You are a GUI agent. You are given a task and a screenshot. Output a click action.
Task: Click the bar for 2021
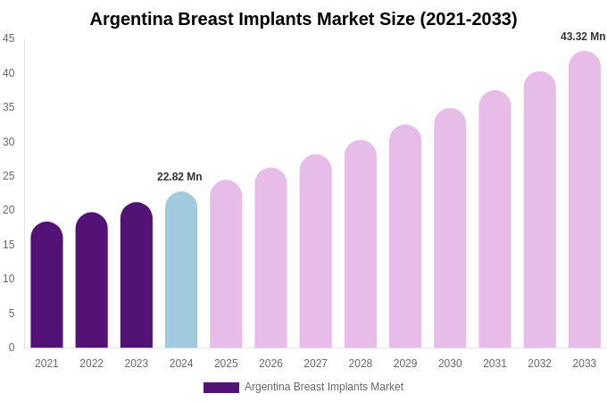click(46, 286)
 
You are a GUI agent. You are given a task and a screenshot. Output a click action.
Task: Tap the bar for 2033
click(585, 201)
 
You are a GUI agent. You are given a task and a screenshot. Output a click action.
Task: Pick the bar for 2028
click(361, 245)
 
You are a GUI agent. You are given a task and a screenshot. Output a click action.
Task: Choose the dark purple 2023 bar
click(137, 276)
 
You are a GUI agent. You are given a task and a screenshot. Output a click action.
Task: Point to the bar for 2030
click(450, 229)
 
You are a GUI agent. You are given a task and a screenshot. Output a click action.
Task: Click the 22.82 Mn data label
click(179, 177)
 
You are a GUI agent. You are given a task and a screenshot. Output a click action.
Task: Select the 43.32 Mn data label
click(583, 37)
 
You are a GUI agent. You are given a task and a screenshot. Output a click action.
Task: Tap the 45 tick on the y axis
click(9, 38)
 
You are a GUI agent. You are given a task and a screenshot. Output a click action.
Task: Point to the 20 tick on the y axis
click(9, 210)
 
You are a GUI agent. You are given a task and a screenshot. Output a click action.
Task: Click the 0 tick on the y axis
click(12, 348)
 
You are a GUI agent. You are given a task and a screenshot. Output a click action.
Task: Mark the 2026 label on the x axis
click(270, 364)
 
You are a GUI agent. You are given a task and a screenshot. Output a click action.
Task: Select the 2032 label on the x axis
click(539, 364)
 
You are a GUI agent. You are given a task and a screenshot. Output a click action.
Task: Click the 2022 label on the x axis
click(91, 364)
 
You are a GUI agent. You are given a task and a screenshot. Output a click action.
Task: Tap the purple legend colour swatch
click(221, 388)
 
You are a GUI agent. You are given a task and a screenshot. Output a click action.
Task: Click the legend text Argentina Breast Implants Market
click(324, 387)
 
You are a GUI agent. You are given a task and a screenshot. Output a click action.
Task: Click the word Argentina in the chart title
click(133, 19)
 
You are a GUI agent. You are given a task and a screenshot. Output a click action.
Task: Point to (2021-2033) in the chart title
click(469, 19)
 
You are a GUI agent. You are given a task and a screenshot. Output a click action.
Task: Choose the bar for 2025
click(226, 264)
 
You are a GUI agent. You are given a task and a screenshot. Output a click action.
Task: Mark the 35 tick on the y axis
click(9, 107)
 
